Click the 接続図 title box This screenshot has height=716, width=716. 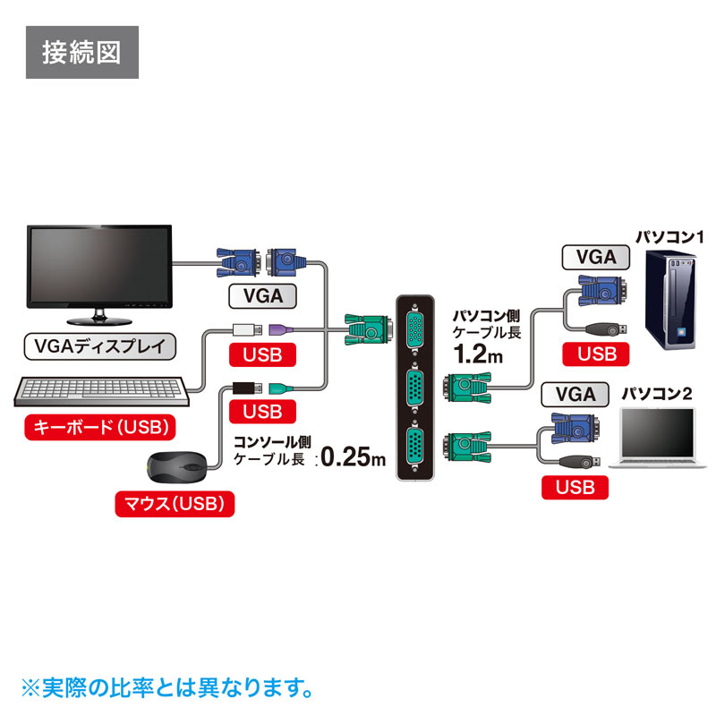(x=81, y=53)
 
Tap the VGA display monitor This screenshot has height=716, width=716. (x=98, y=268)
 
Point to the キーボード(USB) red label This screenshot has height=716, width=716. (x=100, y=427)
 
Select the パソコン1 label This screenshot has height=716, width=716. (x=670, y=238)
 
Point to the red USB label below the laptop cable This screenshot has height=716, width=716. (x=574, y=487)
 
